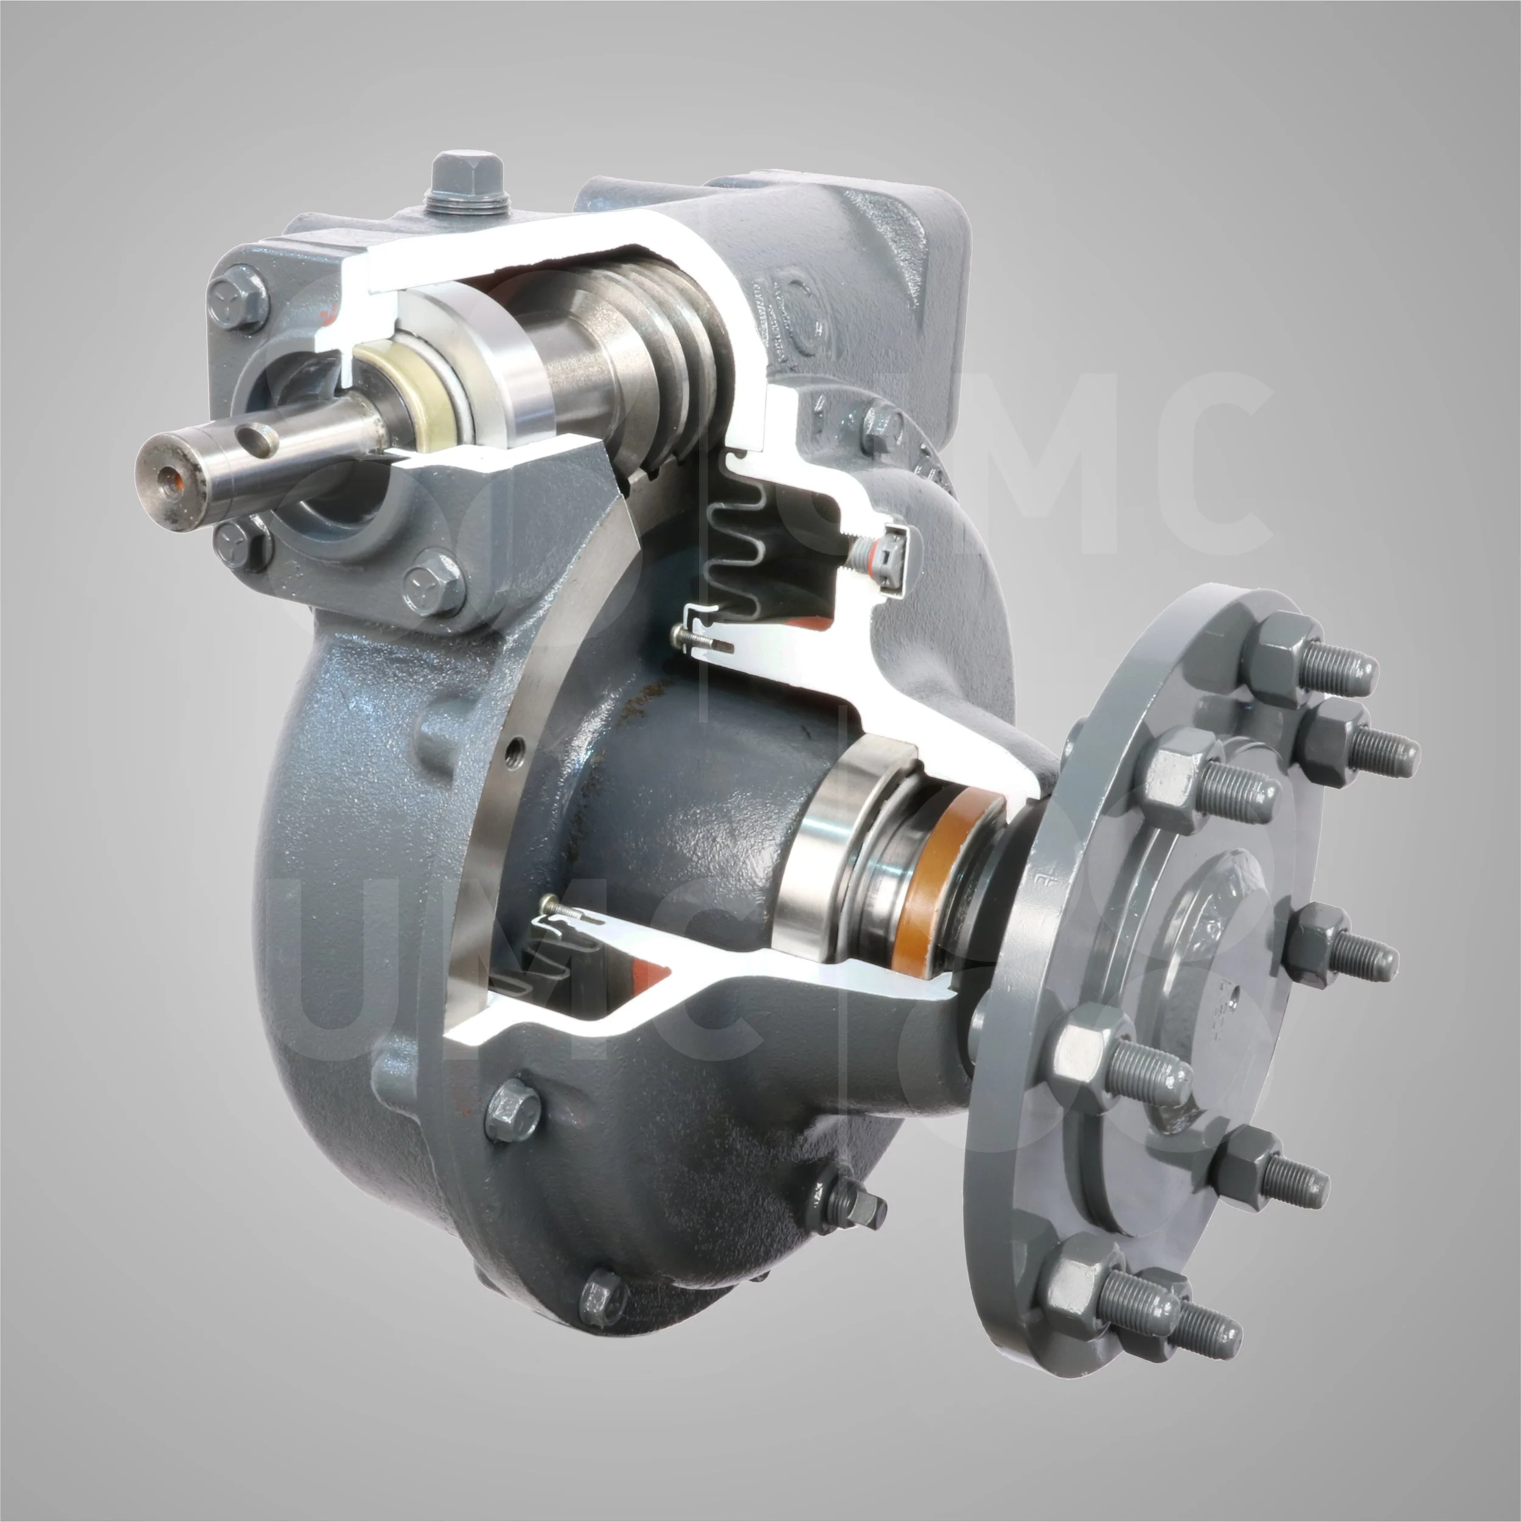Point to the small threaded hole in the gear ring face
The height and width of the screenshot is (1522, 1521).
pos(516,744)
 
